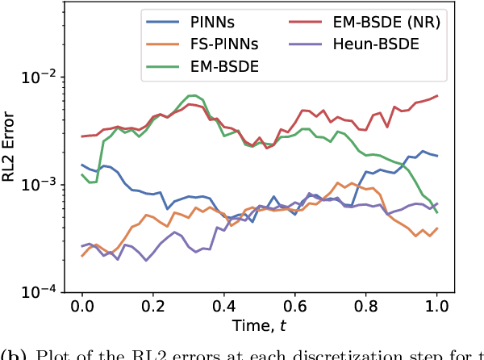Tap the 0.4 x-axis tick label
click(x=223, y=307)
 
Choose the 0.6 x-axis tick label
click(x=294, y=307)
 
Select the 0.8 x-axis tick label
click(x=365, y=307)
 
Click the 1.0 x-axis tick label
click(x=436, y=307)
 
